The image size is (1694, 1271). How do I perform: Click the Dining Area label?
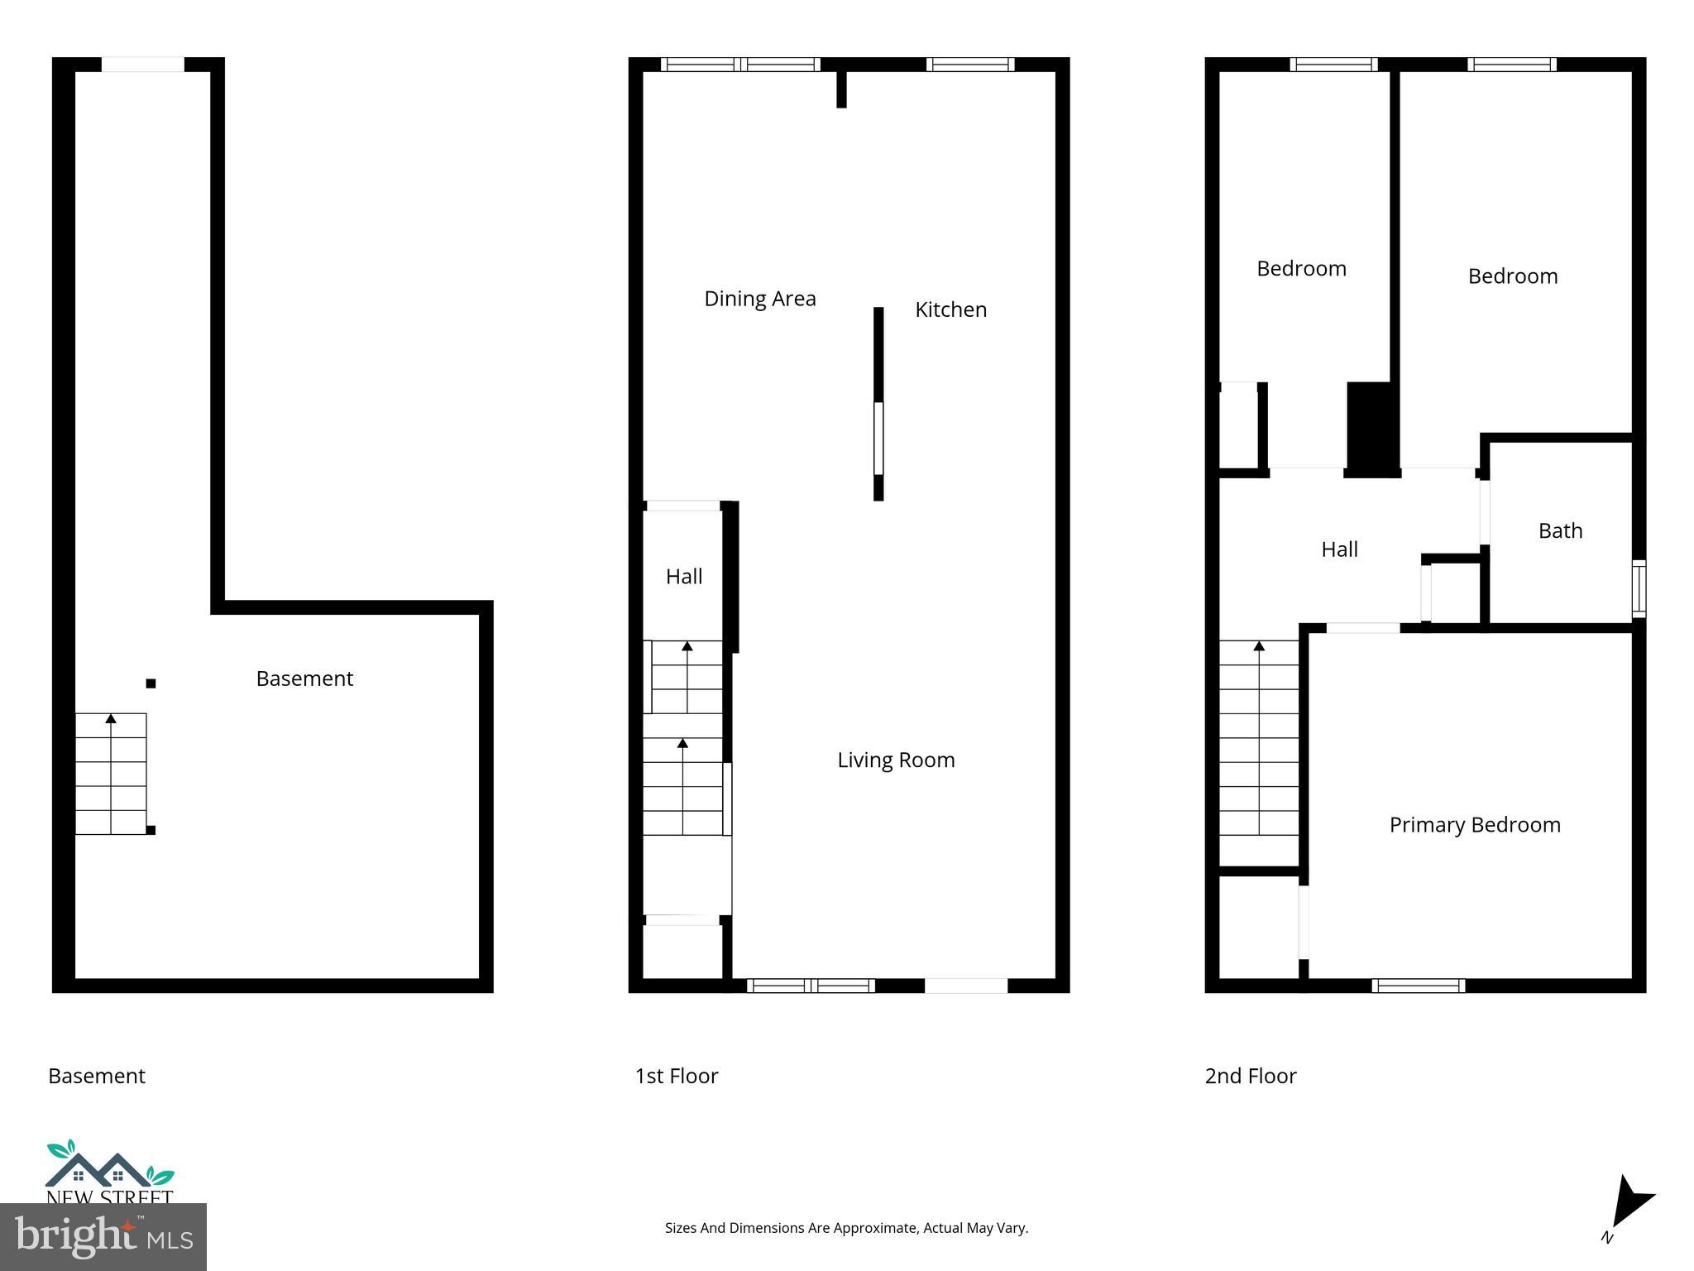point(759,299)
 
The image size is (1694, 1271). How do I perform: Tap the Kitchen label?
point(950,309)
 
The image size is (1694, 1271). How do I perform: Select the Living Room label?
point(896,760)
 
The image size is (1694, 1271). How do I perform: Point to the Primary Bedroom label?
point(1475,824)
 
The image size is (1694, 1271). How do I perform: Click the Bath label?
point(1560,530)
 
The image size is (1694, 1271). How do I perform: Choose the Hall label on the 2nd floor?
point(1339,549)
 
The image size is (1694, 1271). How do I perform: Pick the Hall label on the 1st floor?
point(684,577)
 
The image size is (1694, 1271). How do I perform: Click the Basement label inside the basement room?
point(304,679)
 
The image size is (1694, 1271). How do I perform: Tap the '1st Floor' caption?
point(677,1076)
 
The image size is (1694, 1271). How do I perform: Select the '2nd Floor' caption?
point(1251,1076)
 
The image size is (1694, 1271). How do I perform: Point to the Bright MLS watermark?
point(103,1236)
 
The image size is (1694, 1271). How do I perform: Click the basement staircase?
point(111,774)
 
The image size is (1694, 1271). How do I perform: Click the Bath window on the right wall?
point(1639,588)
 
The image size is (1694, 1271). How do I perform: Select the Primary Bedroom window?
point(1418,986)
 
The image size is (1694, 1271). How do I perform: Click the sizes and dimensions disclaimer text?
point(846,1228)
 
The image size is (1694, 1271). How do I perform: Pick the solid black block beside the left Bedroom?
point(1371,428)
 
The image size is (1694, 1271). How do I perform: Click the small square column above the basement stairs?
point(151,683)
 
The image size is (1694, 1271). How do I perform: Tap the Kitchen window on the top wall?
point(969,65)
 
